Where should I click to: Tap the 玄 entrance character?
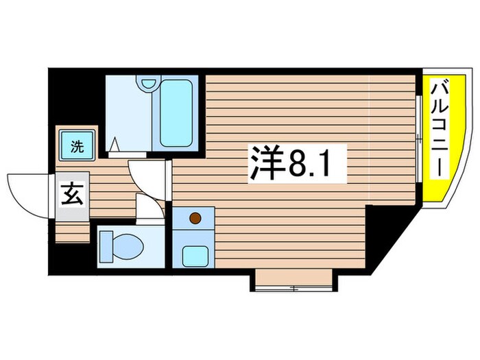click(x=73, y=195)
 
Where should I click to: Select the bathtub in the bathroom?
click(x=176, y=114)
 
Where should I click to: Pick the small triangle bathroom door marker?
click(x=115, y=146)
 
